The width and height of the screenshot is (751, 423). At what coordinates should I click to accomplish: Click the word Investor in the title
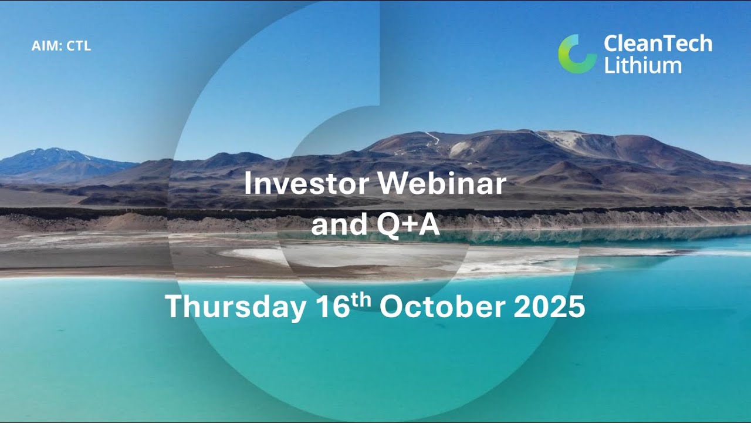click(306, 184)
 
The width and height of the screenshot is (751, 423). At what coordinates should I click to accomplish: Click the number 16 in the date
click(332, 307)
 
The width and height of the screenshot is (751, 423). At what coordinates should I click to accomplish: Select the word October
click(444, 307)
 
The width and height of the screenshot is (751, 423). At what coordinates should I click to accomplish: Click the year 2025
click(550, 307)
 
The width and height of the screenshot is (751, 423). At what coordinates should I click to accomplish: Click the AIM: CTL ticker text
click(61, 46)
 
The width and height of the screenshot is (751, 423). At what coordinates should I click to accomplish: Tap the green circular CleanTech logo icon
click(577, 53)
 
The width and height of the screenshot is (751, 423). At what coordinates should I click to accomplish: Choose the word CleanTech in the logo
click(658, 43)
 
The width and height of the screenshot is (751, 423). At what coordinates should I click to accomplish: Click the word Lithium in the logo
click(642, 65)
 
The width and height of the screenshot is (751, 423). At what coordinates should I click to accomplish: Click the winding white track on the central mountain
click(433, 137)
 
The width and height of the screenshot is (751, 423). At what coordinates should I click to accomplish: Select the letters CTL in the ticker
click(79, 46)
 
